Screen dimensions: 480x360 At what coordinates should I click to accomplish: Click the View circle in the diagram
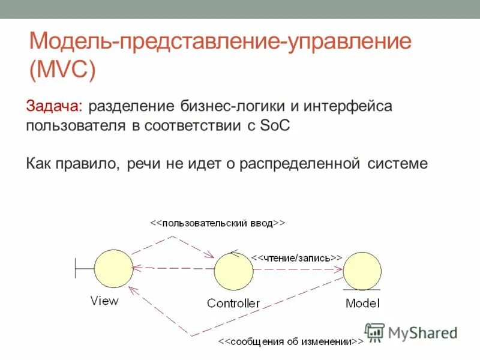tap(113, 269)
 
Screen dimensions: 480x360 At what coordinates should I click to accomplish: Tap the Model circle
tap(362, 271)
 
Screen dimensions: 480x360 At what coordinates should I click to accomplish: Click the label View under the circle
tap(104, 301)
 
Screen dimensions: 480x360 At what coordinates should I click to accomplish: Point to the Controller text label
tap(233, 303)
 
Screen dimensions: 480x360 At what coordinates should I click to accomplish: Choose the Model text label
tap(362, 303)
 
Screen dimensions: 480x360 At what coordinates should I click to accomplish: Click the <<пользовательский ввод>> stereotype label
tap(217, 223)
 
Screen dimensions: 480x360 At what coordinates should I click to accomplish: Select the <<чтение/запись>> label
tap(296, 257)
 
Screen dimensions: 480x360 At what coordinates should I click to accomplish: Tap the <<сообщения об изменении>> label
tap(290, 342)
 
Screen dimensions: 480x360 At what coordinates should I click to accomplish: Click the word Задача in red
tap(55, 107)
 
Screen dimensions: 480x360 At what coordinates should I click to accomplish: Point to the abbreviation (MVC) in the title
tap(62, 70)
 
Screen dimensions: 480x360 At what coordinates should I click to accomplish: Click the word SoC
tap(277, 126)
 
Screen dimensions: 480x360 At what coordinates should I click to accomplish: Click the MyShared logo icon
tap(374, 332)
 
